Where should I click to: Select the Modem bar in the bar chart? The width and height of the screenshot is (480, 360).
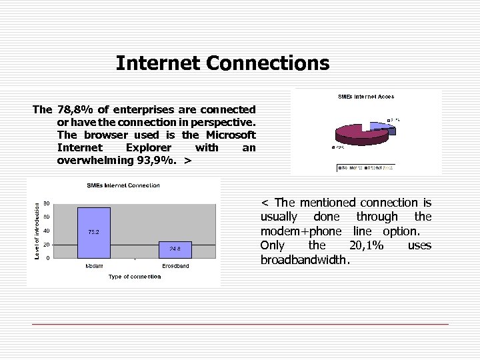click(94, 233)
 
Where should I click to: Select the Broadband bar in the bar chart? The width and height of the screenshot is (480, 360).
click(175, 250)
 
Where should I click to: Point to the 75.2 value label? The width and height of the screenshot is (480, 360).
click(94, 232)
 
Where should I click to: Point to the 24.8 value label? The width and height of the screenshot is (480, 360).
click(175, 249)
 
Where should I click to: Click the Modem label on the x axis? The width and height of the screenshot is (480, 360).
click(94, 266)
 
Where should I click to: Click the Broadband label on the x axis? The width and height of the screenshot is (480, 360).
click(175, 266)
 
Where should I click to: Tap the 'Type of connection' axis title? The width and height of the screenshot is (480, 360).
click(134, 277)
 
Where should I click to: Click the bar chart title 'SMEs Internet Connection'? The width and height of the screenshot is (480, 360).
click(123, 185)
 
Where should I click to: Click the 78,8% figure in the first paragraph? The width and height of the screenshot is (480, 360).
click(73, 109)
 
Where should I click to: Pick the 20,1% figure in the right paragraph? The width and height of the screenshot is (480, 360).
click(366, 245)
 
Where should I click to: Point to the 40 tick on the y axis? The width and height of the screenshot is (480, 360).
click(46, 231)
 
